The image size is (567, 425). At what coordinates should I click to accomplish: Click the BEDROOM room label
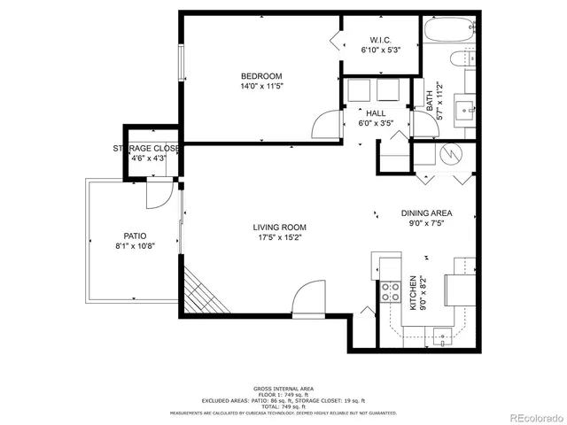point(261,75)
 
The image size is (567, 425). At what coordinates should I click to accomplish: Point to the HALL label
point(376,113)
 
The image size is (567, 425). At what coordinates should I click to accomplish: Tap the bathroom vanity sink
point(462,111)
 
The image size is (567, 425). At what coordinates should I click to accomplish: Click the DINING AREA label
point(426,212)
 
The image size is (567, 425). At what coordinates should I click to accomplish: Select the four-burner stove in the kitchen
point(389,291)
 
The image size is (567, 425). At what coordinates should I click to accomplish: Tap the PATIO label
point(134,236)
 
